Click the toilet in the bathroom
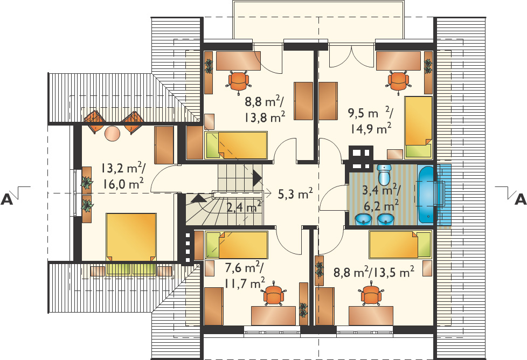pos(383,173)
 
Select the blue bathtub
pos(427,195)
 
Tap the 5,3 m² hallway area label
pos(295,193)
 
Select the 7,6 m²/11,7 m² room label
pos(244,275)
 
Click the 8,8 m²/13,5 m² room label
pos(373,272)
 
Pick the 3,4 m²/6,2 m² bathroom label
pos(381,197)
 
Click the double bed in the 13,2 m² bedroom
pos(131,237)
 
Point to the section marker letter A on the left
pos(6,199)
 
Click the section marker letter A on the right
pos(521,199)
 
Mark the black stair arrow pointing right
pos(258,177)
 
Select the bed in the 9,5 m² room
pos(418,127)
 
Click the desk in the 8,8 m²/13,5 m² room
pos(371,316)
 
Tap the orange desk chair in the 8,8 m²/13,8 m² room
pos(239,82)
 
